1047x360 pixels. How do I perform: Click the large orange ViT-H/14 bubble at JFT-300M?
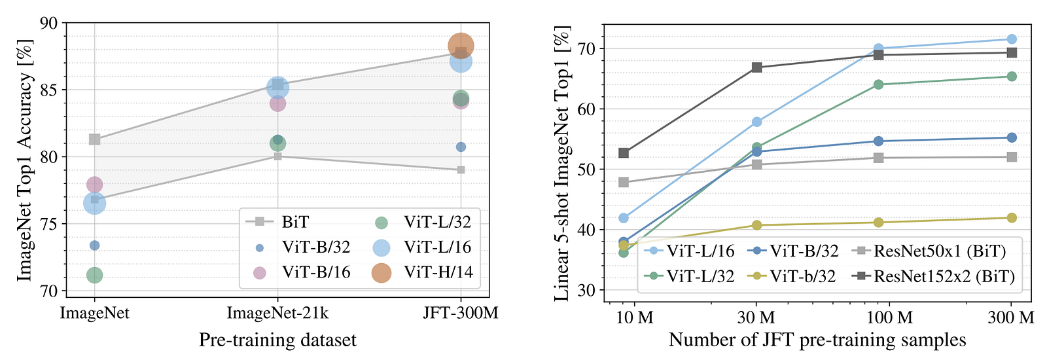click(461, 45)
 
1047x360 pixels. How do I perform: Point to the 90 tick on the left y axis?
click(50, 23)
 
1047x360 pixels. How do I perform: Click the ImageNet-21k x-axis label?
click(277, 313)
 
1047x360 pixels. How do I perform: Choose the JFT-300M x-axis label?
click(461, 313)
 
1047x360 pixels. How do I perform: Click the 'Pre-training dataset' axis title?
click(277, 340)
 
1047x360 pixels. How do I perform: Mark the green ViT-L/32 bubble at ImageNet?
click(94, 275)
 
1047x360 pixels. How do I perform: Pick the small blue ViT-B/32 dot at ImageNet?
click(94, 245)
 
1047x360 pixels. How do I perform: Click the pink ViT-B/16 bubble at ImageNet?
click(94, 185)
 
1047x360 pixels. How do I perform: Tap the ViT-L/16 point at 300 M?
click(1011, 39)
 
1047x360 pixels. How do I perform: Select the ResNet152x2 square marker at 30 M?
click(756, 67)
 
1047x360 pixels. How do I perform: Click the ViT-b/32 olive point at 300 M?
click(1011, 218)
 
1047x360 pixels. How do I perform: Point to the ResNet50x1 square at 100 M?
click(878, 158)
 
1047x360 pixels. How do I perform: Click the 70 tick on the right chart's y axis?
click(587, 49)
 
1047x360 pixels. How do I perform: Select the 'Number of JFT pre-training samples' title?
click(817, 340)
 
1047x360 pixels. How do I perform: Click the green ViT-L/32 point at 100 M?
click(878, 84)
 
